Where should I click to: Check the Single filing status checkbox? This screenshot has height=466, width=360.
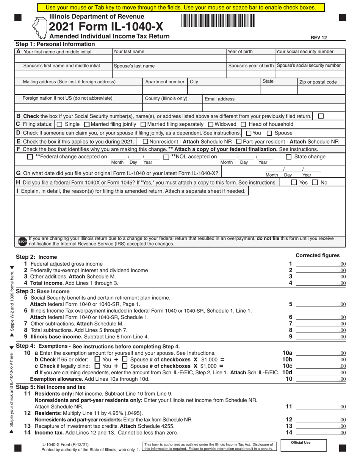coord(59,124)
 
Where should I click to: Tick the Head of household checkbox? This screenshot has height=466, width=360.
coord(244,124)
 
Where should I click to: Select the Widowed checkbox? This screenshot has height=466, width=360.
coord(211,124)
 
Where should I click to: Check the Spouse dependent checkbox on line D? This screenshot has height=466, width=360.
coord(269,133)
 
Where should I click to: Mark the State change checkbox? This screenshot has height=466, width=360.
coord(288,157)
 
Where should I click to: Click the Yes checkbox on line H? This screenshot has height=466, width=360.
coord(294,183)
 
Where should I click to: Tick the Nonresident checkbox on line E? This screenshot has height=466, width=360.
coord(146,142)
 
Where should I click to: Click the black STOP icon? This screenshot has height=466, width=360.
coord(22,241)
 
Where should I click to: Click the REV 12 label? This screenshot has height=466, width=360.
coord(319,38)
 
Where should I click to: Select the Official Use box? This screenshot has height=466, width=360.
coord(301,446)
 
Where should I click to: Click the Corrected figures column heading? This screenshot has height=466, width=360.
coord(318,255)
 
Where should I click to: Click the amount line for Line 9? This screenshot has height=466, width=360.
coord(317,337)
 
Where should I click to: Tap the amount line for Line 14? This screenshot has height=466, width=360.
coord(317,433)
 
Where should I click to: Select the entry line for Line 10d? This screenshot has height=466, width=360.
coord(317,373)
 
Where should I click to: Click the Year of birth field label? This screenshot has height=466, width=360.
coord(240,52)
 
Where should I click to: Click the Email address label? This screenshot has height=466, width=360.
coord(220,99)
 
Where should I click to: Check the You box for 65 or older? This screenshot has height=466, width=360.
coord(97,359)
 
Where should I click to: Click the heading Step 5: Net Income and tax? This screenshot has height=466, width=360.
coord(50,387)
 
